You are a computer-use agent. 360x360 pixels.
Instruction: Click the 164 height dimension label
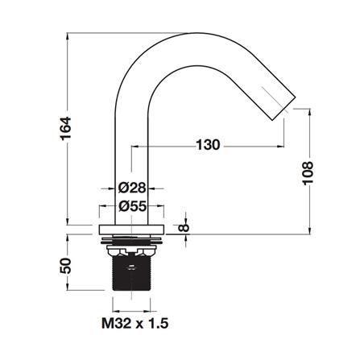[66, 128]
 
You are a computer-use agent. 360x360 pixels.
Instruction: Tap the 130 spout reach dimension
[208, 145]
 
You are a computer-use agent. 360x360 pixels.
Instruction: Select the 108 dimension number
[308, 173]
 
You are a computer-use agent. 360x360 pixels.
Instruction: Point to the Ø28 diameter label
[132, 188]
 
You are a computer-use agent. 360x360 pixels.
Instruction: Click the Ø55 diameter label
[133, 206]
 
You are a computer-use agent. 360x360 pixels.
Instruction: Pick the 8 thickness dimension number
[184, 228]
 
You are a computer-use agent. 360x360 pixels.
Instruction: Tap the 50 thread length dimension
[65, 266]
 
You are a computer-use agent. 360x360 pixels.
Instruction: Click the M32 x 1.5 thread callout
[135, 323]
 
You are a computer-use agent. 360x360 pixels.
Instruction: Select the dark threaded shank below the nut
[131, 273]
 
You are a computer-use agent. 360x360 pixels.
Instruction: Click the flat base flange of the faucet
[131, 230]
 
